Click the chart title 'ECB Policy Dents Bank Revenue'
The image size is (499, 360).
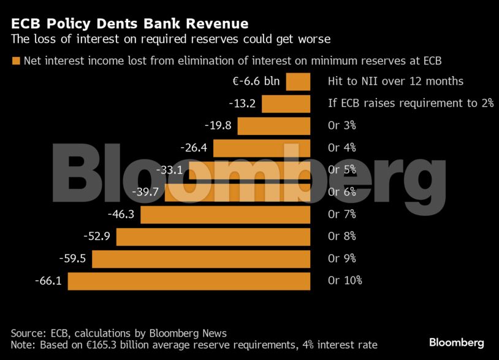pos(129,24)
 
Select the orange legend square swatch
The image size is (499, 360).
pos(15,61)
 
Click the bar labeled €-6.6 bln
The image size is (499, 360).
pos(298,82)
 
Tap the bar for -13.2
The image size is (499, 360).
pos(286,104)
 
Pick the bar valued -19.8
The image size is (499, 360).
pos(273,126)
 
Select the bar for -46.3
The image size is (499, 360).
pos(225,215)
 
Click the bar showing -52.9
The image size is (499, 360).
pos(213,237)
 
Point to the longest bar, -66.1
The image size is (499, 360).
pos(189,281)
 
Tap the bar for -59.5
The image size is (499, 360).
pos(201,259)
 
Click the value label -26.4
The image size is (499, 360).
pos(194,148)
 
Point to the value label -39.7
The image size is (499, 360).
pos(145,192)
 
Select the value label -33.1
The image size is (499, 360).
pos(170,170)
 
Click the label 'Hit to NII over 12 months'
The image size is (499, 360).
pos(395,81)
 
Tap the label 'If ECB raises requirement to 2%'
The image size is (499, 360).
pos(410,103)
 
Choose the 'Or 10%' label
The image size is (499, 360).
pos(345,280)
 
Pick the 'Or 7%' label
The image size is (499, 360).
pos(342,214)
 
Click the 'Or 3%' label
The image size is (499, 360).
pos(342,125)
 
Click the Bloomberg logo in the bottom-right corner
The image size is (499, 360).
pos(456,342)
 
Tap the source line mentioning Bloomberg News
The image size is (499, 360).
pos(119,333)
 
